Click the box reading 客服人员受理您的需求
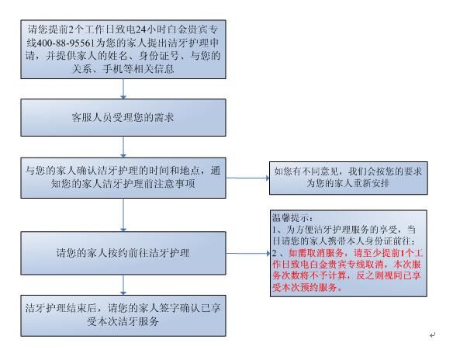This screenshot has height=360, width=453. point(123,118)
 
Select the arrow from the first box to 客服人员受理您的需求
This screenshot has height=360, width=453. point(123,88)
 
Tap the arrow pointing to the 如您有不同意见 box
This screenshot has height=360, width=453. point(247,178)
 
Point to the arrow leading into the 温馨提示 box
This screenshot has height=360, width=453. point(248,254)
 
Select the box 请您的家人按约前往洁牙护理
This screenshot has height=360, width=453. point(123,253)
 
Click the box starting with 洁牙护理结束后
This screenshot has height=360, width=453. point(123,316)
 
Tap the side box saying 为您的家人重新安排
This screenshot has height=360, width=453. point(348,178)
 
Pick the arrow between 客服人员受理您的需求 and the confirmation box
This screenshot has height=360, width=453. point(123,147)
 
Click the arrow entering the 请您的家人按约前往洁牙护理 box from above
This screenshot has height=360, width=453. point(123,215)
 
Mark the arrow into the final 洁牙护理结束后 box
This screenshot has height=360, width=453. point(123,285)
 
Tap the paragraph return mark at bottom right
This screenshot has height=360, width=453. point(432,335)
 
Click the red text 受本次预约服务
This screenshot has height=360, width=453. point(305,287)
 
